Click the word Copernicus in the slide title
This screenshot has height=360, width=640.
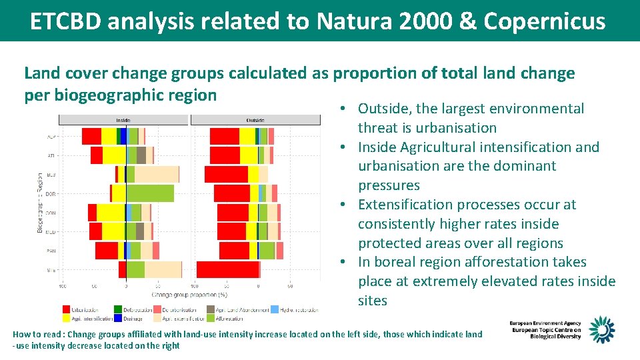545,21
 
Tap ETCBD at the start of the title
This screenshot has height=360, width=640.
65,21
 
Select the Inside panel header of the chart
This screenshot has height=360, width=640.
123,120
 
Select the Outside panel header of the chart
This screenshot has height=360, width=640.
255,120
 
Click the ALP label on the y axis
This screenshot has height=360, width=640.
51,136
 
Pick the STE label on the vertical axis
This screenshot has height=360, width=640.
51,270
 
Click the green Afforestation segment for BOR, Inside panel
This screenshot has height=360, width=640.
150,193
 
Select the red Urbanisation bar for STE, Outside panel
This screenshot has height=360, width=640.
227,269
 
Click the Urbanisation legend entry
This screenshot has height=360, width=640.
81,309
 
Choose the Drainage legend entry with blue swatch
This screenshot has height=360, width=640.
129,319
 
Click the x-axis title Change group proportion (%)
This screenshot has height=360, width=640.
189,294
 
